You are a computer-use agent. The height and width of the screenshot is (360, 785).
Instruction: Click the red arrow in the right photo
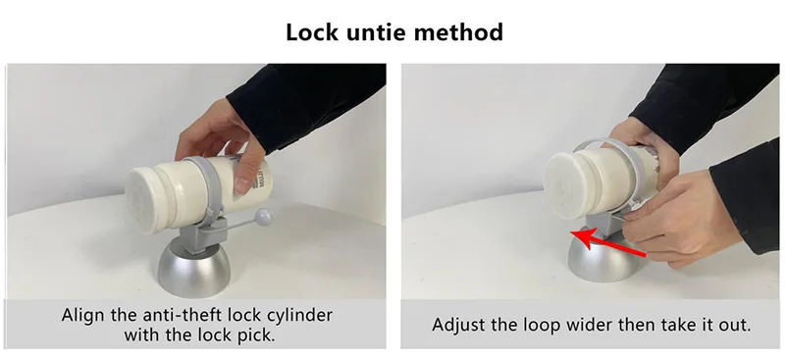click(608, 244)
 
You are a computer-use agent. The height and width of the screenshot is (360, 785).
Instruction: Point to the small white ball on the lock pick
click(263, 217)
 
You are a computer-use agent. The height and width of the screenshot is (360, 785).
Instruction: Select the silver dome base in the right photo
click(600, 257)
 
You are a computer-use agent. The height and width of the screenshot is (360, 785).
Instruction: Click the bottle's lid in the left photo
click(146, 199)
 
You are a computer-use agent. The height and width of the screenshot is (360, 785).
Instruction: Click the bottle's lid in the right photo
click(568, 184)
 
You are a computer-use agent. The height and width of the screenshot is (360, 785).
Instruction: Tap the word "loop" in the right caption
click(542, 326)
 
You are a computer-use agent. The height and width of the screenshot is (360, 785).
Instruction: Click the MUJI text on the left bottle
click(261, 178)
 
